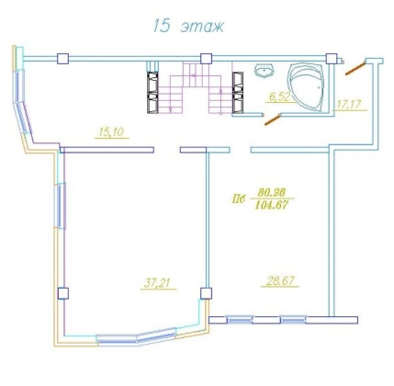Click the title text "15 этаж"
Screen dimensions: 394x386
tap(188, 26)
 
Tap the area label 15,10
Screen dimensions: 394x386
tap(111, 132)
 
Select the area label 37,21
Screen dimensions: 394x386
tap(157, 283)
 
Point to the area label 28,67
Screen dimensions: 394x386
tap(280, 281)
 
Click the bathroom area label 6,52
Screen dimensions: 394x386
tap(279, 96)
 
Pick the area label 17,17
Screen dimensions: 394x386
tap(349, 105)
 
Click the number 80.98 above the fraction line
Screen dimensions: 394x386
tap(272, 192)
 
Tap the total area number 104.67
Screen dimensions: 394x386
tap(272, 205)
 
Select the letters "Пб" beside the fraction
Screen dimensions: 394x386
tap(239, 199)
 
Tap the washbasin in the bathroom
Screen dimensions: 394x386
tap(264, 71)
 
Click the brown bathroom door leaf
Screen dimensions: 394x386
tap(273, 119)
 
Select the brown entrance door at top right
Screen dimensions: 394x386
tap(355, 68)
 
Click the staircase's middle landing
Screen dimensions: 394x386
tap(196, 74)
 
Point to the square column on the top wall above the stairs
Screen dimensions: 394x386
tap(206, 59)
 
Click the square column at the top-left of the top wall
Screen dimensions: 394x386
tap(62, 59)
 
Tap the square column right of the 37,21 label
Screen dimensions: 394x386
tap(206, 293)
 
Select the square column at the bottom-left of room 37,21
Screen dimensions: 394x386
tap(62, 293)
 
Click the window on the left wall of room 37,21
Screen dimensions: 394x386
tap(60, 206)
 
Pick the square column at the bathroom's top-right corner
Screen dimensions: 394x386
tap(332, 59)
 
